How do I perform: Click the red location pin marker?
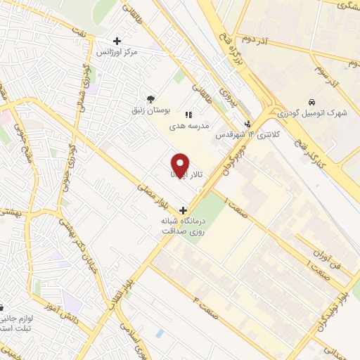click(180, 166)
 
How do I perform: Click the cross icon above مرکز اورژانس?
click(117, 40)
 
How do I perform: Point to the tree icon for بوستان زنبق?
click(149, 99)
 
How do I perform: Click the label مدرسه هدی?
click(187, 127)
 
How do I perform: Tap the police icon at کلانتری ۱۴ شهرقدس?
click(247, 121)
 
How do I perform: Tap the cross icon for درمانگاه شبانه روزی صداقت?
click(184, 210)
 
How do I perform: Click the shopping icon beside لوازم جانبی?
click(2, 307)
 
